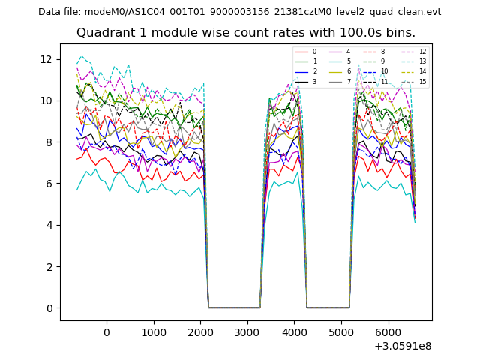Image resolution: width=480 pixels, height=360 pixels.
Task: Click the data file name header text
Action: point(239,12)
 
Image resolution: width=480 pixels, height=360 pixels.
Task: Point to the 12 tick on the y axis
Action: point(49,59)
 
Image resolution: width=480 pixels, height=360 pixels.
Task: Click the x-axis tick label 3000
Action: point(247,332)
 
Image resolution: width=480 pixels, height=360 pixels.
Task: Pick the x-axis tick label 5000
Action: point(340,332)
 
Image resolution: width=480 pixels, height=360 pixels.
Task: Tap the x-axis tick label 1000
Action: point(153,332)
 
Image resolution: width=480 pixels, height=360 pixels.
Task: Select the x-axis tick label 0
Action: point(106,332)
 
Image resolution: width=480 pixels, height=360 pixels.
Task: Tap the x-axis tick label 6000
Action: point(388,332)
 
